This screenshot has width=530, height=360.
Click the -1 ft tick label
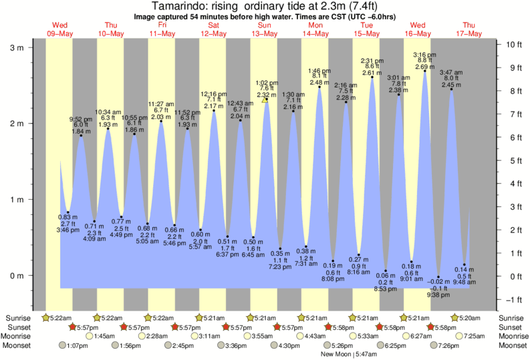tap(512, 299)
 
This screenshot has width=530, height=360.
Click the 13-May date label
tap(265, 33)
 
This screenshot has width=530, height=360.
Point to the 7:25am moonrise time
tap(476, 336)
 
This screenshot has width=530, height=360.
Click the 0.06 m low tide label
tap(385, 276)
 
